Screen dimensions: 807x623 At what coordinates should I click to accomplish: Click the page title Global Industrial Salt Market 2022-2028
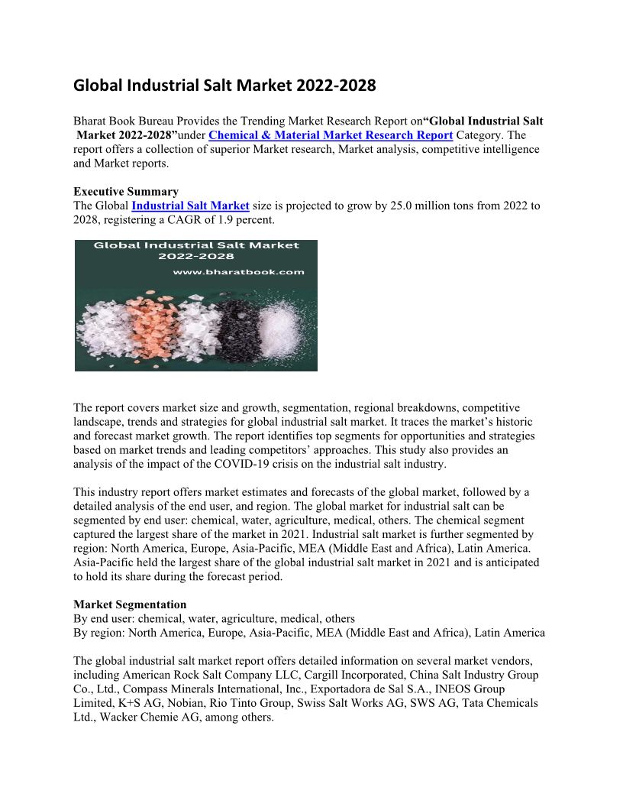(x=224, y=86)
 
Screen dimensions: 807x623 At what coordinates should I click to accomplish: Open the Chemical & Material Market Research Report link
(x=331, y=135)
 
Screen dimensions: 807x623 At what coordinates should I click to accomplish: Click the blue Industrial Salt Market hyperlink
(x=190, y=206)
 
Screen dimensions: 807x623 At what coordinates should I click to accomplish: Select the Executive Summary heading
(x=126, y=192)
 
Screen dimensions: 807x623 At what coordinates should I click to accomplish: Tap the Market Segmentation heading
(x=130, y=604)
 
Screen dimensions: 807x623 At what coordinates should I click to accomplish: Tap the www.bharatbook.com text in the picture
(x=239, y=271)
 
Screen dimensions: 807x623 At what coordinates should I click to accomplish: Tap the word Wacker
(x=110, y=716)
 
